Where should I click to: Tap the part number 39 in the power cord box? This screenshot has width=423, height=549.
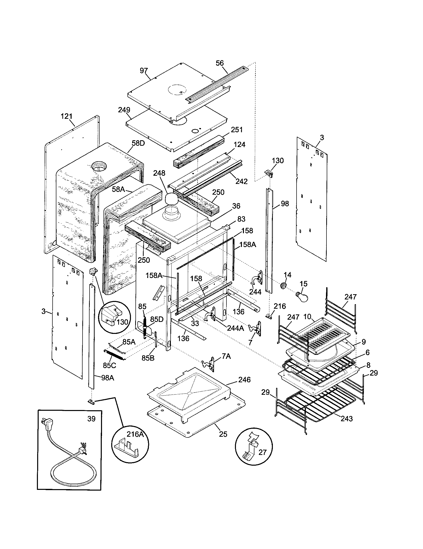click(x=92, y=419)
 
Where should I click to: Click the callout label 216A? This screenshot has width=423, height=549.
click(x=135, y=434)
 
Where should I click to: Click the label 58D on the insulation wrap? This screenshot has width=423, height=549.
click(x=138, y=144)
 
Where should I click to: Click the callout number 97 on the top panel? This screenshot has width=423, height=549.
click(x=144, y=71)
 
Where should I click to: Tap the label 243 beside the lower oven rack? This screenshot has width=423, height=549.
click(x=347, y=418)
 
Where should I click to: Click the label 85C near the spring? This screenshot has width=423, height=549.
click(x=109, y=365)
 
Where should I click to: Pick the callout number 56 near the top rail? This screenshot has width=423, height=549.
click(x=220, y=63)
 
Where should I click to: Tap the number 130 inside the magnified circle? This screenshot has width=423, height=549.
click(x=122, y=322)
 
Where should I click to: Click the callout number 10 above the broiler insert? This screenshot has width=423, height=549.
click(x=307, y=317)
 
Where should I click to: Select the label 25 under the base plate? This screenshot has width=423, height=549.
click(x=223, y=434)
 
